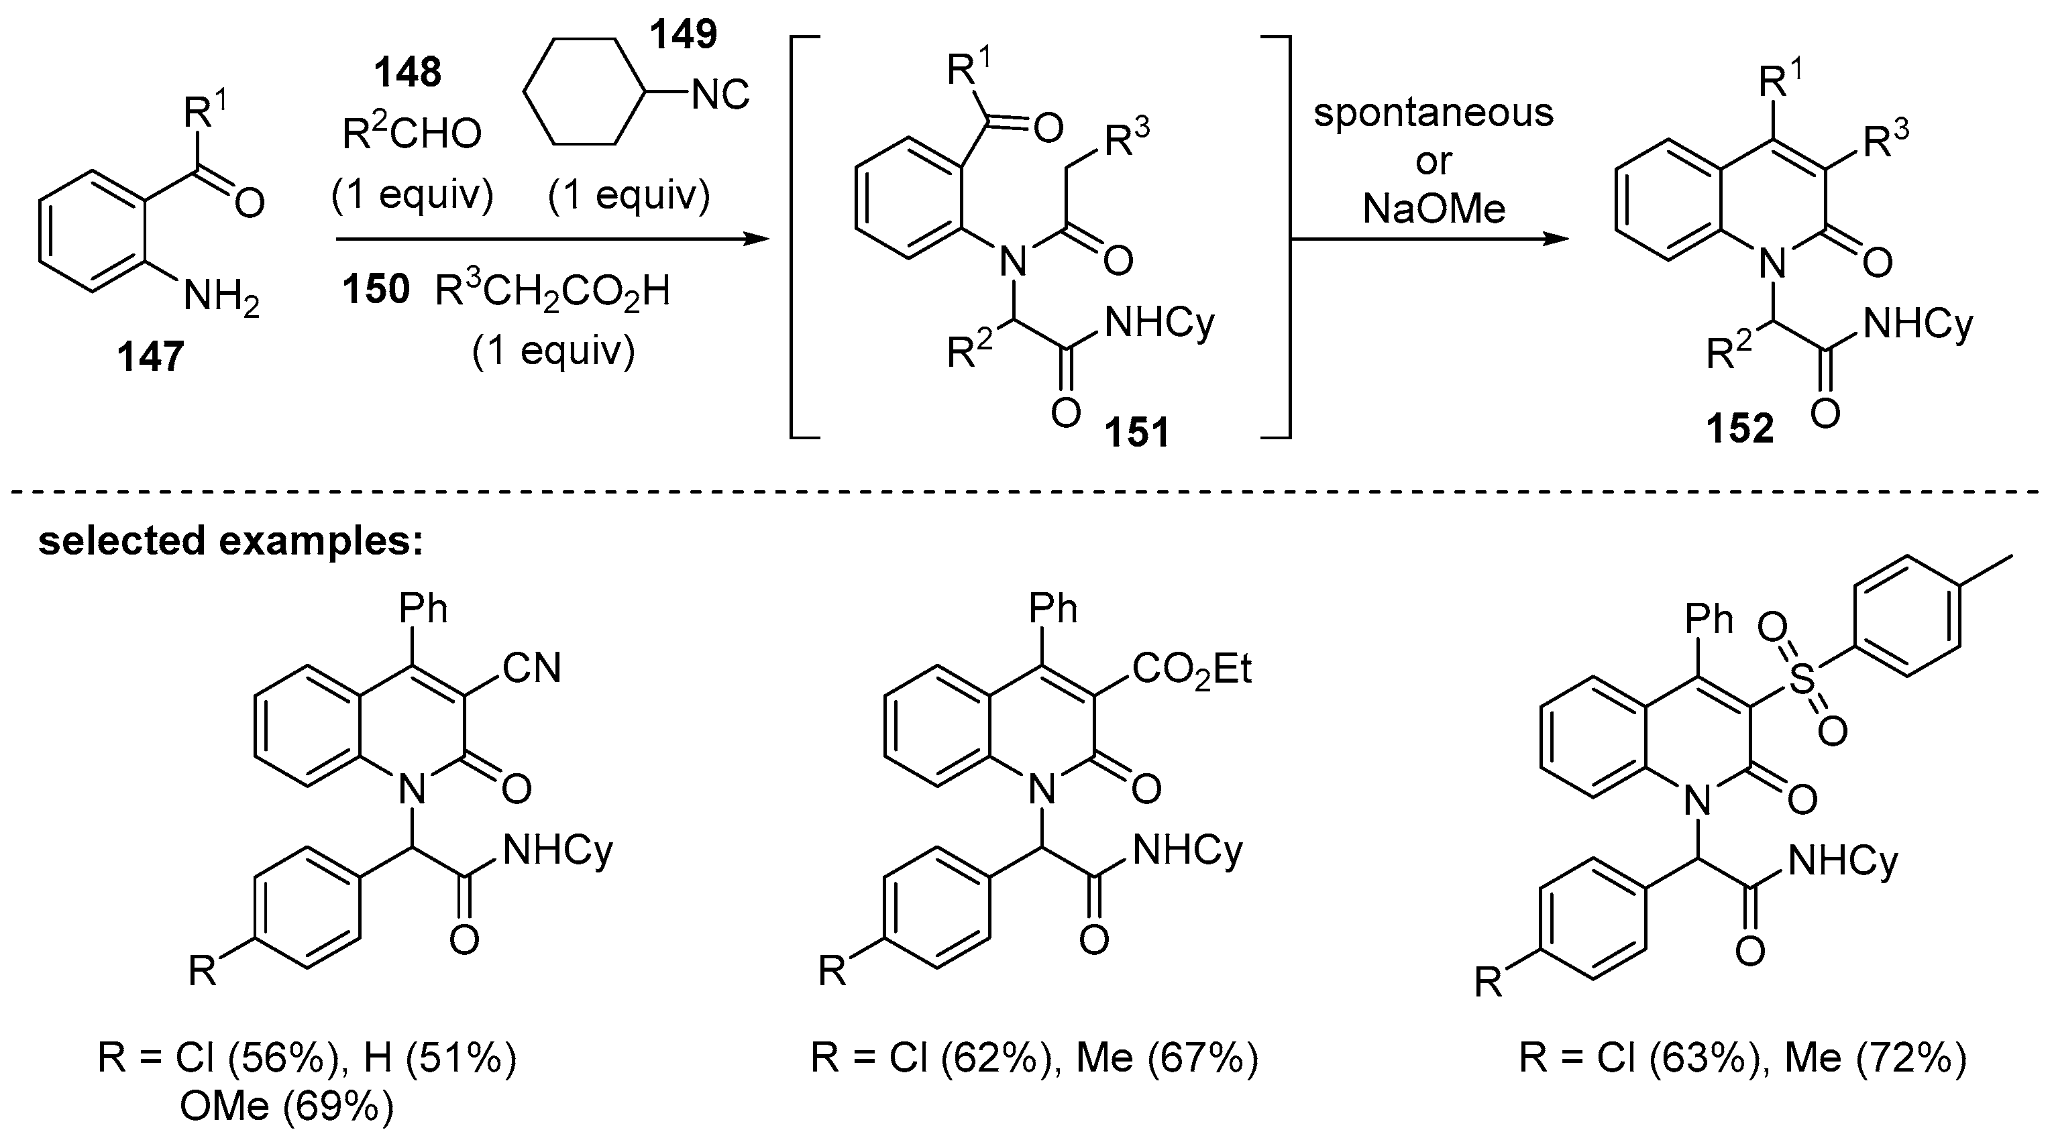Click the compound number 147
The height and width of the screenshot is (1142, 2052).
point(150,356)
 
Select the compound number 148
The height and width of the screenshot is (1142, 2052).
point(408,73)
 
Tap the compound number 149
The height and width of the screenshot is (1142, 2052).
point(684,34)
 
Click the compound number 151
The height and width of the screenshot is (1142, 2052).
point(1137,433)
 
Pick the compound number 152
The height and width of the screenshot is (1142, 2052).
point(1740,429)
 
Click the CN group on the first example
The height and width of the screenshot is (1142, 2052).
point(531,667)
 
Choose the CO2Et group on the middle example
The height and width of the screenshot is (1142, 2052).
point(1191,669)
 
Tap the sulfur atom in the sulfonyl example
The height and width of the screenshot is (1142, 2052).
point(1802,682)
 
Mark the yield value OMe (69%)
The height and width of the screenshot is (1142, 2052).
point(287,1107)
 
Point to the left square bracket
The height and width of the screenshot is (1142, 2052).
point(797,237)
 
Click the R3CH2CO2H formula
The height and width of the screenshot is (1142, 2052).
point(553,292)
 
